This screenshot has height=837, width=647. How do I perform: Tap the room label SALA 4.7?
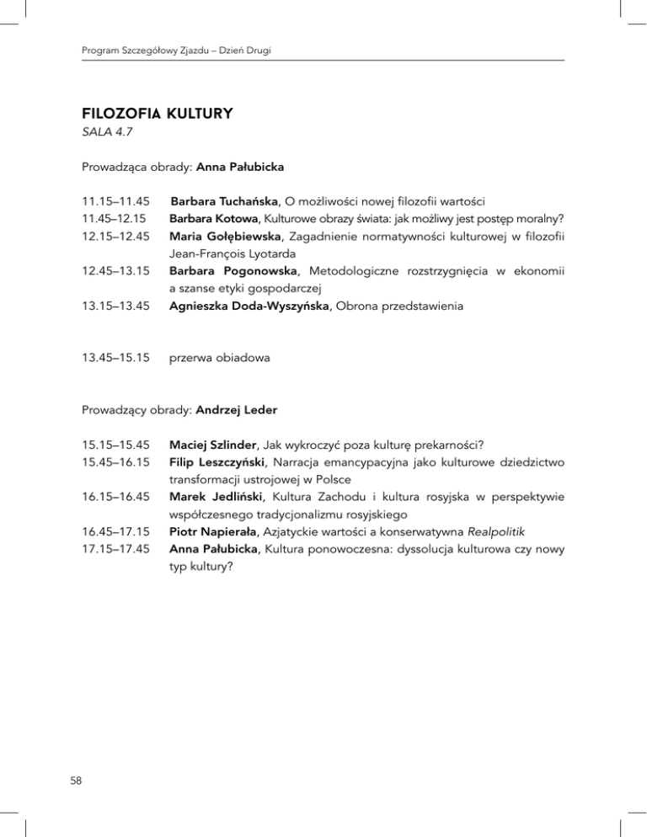click(105, 133)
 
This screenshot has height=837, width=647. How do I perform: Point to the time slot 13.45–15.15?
click(115, 359)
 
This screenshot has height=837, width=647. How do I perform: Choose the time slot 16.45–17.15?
click(115, 532)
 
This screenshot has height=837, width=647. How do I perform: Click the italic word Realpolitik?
click(473, 532)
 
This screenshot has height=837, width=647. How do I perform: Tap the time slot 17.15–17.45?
click(115, 550)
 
